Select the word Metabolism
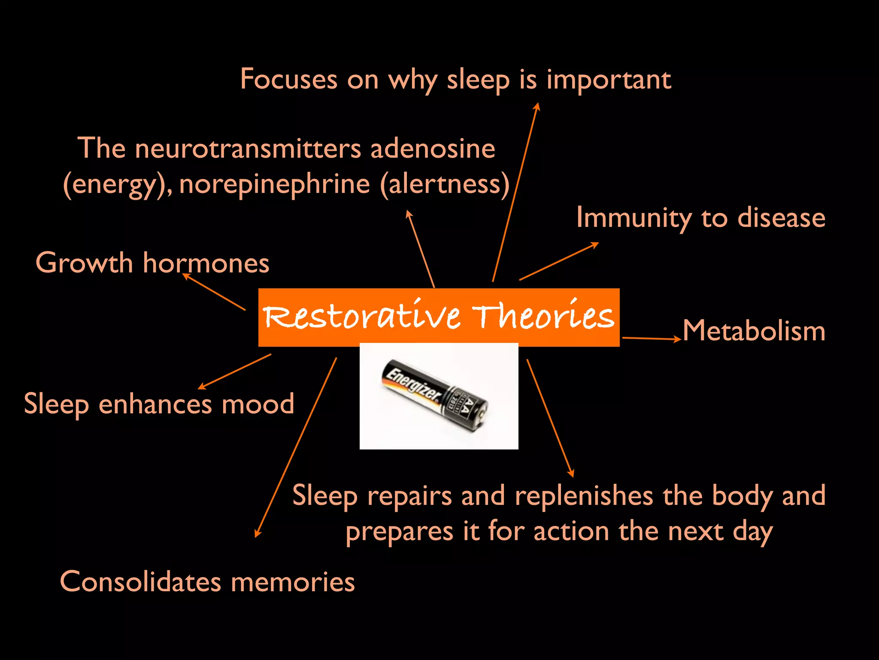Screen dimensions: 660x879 (x=754, y=331)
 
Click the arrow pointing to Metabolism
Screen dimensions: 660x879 (x=652, y=339)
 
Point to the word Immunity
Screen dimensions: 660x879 (x=633, y=218)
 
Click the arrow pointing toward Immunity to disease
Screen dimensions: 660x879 (x=559, y=262)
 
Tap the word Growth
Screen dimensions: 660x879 (x=84, y=263)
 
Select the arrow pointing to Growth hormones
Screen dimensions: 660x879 (x=214, y=292)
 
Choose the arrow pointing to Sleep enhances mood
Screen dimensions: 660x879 (x=234, y=372)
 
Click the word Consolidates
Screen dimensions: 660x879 (x=140, y=582)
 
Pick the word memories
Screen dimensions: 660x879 (x=293, y=582)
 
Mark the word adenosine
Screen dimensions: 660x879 (x=433, y=149)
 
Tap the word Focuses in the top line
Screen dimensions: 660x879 (x=289, y=79)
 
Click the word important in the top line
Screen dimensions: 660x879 (x=609, y=80)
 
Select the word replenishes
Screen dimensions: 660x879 (x=584, y=496)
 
